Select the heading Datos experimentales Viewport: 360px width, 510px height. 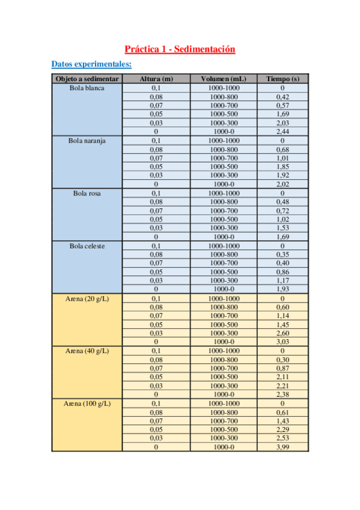91,64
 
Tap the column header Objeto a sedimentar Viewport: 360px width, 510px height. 87,79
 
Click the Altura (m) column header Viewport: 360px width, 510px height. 156,79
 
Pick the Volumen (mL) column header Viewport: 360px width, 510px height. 224,79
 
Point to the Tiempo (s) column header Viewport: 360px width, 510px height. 282,79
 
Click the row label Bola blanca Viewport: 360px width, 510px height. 87,88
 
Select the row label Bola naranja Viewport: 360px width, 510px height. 87,141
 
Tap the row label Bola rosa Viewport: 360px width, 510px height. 87,193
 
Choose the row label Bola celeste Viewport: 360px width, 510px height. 87,246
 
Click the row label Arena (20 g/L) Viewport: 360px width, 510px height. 87,298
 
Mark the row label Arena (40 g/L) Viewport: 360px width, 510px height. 87,351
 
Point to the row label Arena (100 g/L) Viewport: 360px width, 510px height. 87,404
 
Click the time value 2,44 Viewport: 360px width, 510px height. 282,132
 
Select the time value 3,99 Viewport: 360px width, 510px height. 282,447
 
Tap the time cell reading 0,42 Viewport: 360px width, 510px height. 282,97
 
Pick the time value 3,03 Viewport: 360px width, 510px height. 282,342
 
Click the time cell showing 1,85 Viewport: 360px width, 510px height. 282,167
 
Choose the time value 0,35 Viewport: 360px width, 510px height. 282,254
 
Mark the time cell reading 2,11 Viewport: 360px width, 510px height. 282,377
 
